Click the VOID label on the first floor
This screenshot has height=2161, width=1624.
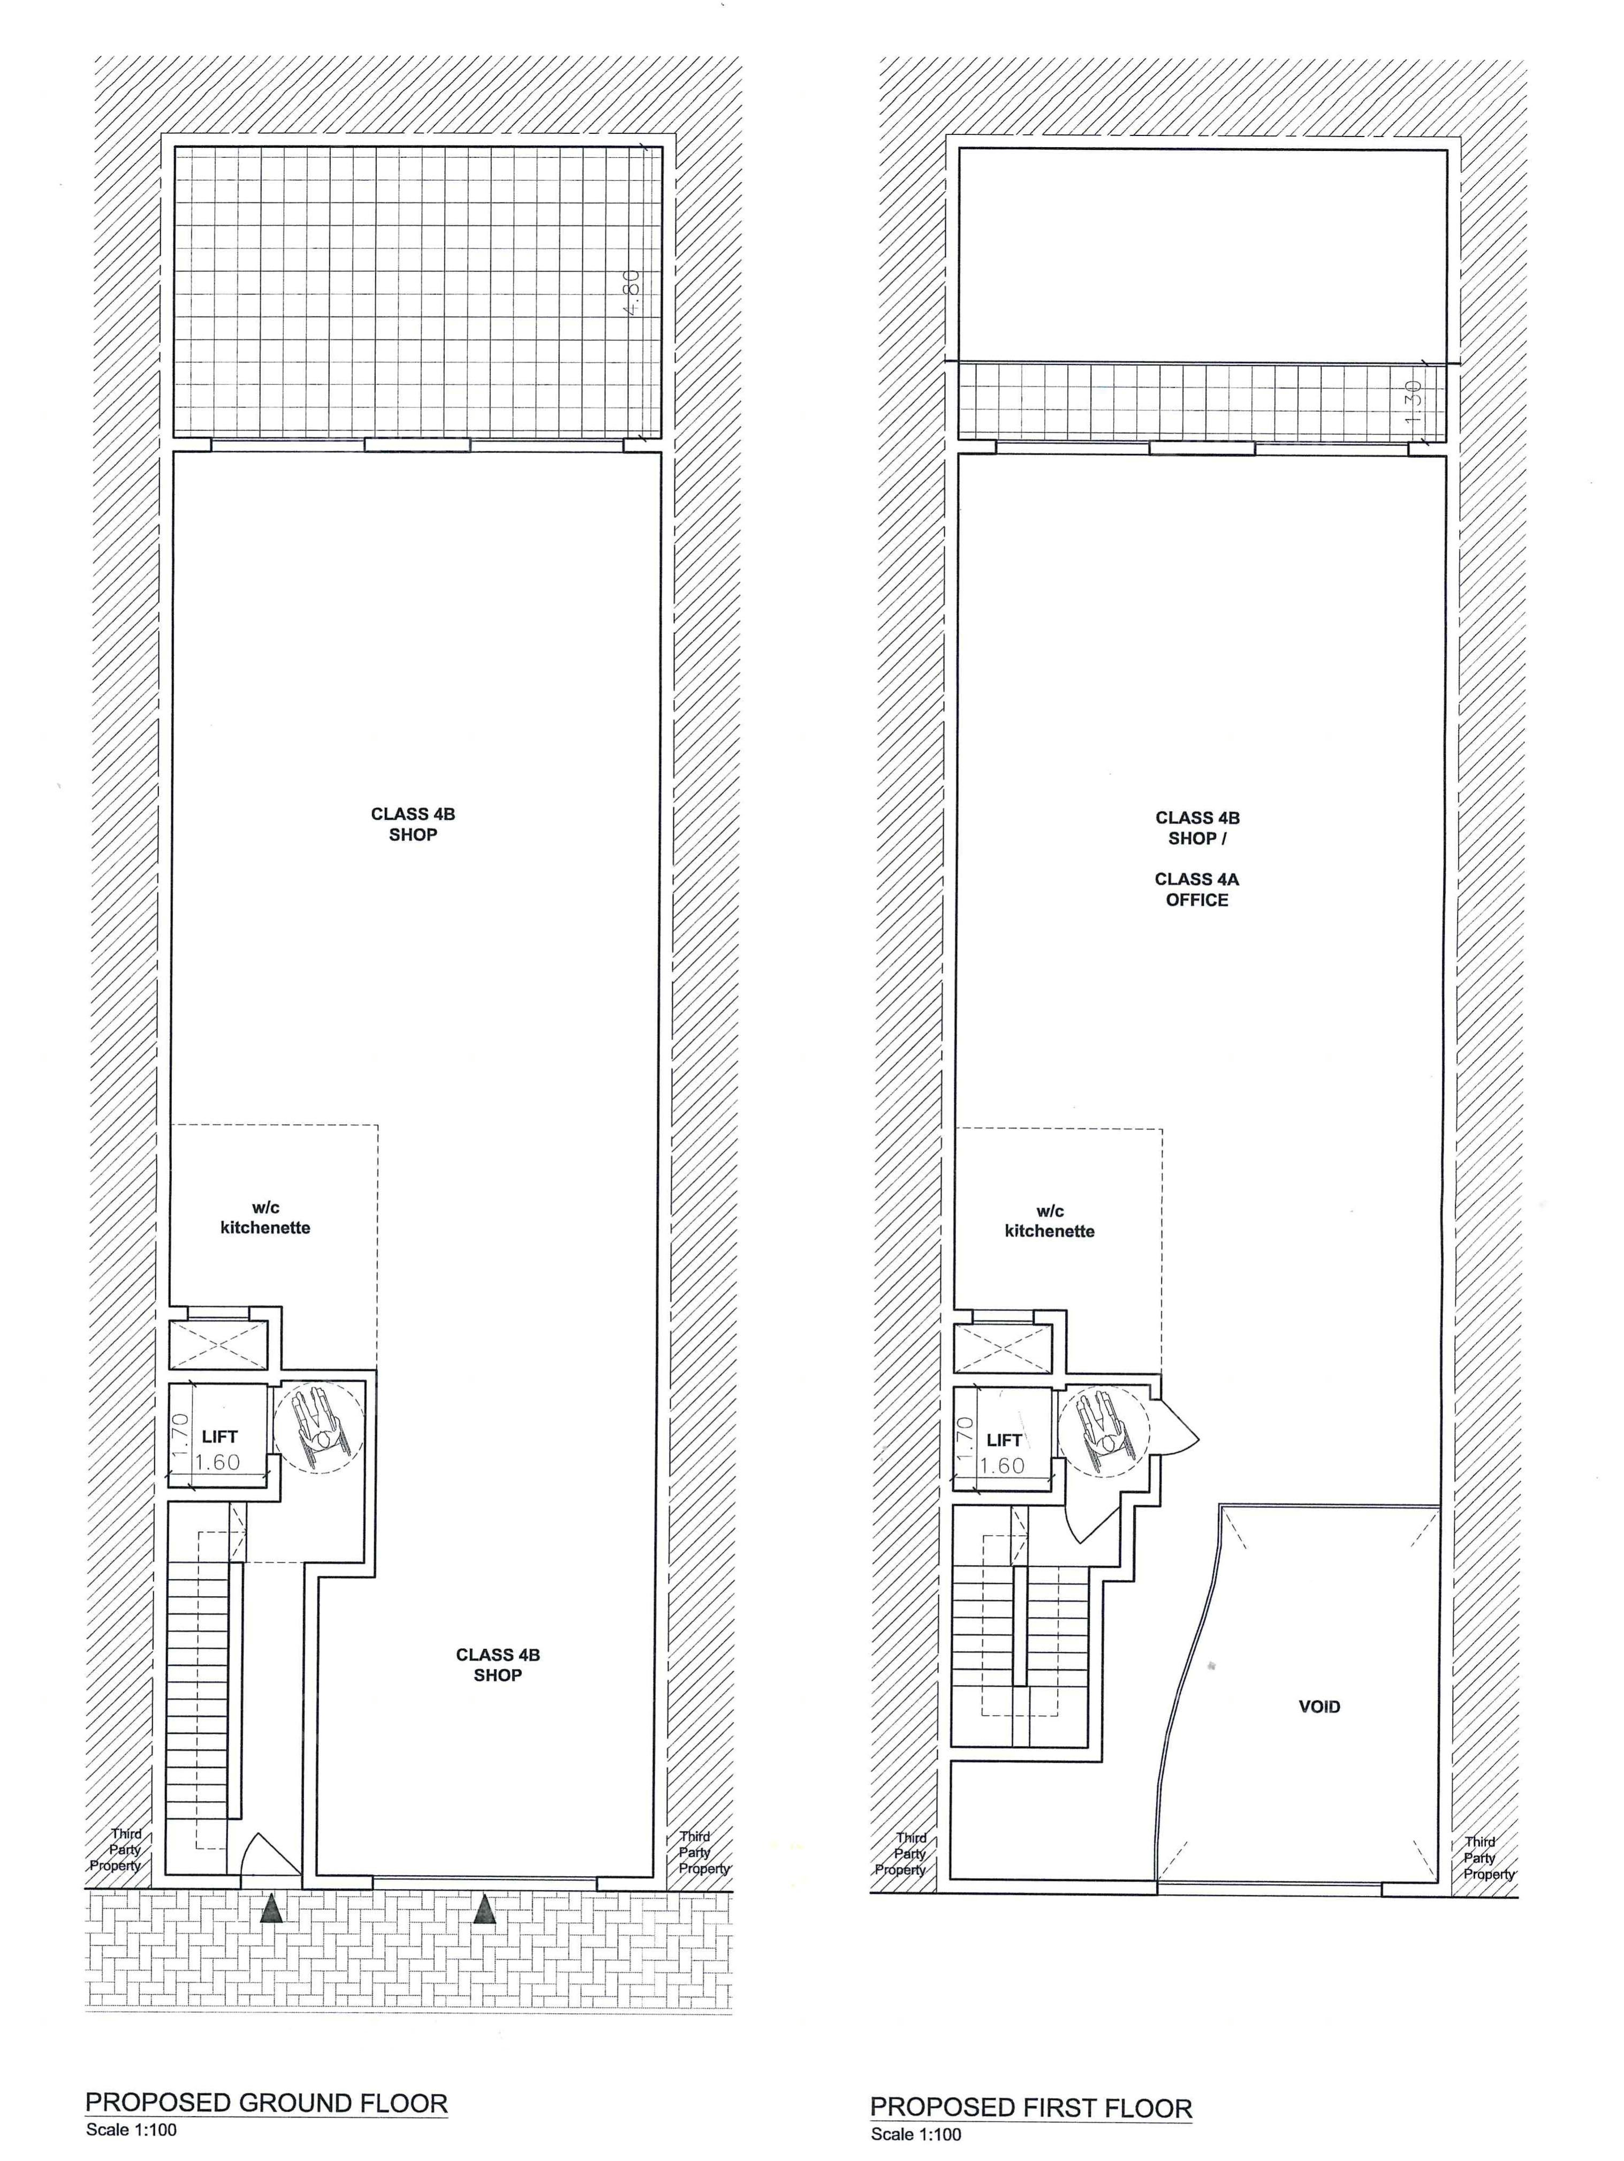click(x=1318, y=1707)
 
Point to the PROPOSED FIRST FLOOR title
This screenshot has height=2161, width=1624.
click(x=1031, y=2107)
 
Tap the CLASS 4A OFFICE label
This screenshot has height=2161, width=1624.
click(x=1197, y=889)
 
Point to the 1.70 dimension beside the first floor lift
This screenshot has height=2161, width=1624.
click(x=965, y=1438)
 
